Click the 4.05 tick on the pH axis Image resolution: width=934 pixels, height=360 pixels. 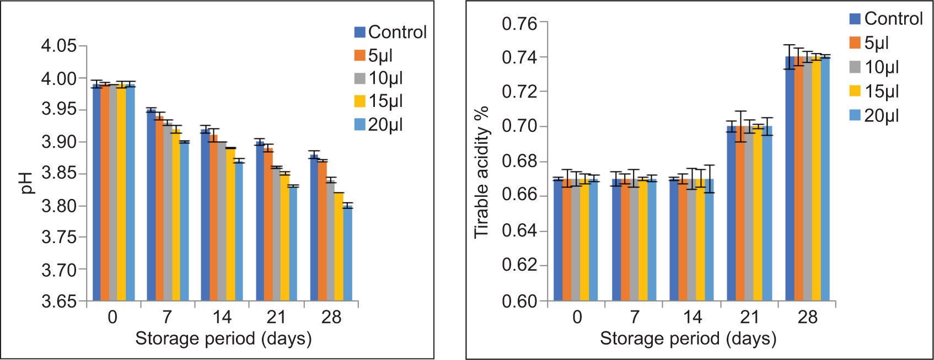59,46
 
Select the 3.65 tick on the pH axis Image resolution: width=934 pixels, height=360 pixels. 59,302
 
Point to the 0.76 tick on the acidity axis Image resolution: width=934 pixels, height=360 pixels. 519,24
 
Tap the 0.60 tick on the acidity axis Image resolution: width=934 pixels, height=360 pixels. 519,302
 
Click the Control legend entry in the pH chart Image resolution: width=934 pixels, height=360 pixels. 390,32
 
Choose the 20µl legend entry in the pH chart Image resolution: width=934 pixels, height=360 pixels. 379,125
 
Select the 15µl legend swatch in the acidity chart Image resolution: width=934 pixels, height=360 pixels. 855,91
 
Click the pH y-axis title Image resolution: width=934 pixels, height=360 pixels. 27,184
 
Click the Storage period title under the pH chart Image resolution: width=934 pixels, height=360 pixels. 223,338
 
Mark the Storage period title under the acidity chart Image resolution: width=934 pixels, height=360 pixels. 688,338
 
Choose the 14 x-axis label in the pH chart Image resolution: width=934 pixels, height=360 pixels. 222,317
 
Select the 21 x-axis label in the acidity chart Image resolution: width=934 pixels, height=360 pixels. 749,317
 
